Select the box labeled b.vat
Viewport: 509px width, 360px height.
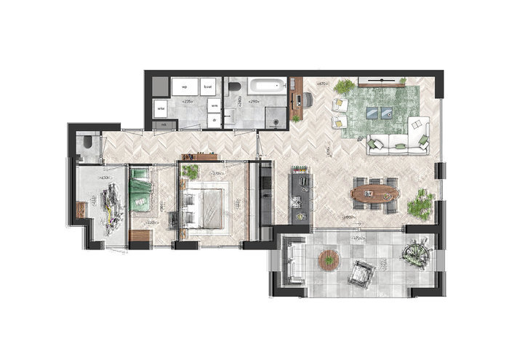tap(207, 87)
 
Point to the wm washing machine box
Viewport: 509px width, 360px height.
tap(214, 105)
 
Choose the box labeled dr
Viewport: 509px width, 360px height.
tap(215, 120)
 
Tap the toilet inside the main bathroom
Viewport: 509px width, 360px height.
tap(233, 88)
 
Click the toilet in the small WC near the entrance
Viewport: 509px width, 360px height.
tap(87, 144)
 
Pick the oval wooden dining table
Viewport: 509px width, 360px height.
tap(374, 193)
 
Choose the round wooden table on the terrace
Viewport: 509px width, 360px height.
tap(329, 259)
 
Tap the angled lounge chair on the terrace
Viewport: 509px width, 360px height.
tap(359, 274)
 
